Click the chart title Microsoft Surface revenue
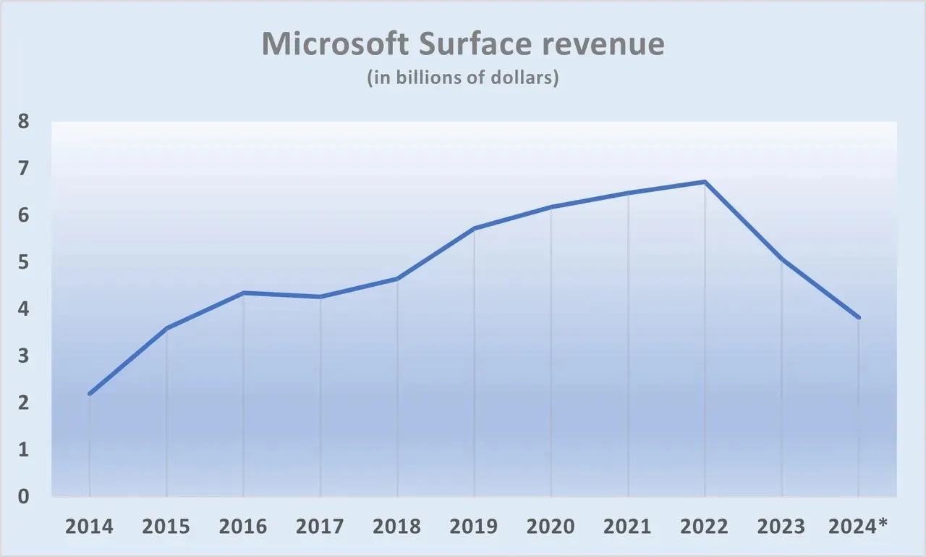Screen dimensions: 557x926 coord(462,45)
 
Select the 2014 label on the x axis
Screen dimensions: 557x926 coord(89,526)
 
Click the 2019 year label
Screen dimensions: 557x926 coord(474,526)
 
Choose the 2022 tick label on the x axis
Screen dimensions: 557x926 coord(705,526)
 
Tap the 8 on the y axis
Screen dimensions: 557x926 coord(24,122)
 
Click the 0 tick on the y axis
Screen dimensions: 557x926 coord(24,497)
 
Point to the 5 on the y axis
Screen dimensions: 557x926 coord(24,262)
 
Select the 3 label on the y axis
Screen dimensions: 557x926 coord(24,356)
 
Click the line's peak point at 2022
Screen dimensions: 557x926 coord(705,182)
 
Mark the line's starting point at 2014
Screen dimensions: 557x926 coord(89,394)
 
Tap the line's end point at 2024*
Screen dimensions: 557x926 coord(859,317)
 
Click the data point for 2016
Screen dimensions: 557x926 coord(243,293)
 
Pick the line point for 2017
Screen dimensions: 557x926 coord(320,297)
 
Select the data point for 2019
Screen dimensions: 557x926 coord(474,228)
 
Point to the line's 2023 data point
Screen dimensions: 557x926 coord(782,259)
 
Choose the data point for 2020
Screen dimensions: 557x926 coord(551,207)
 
